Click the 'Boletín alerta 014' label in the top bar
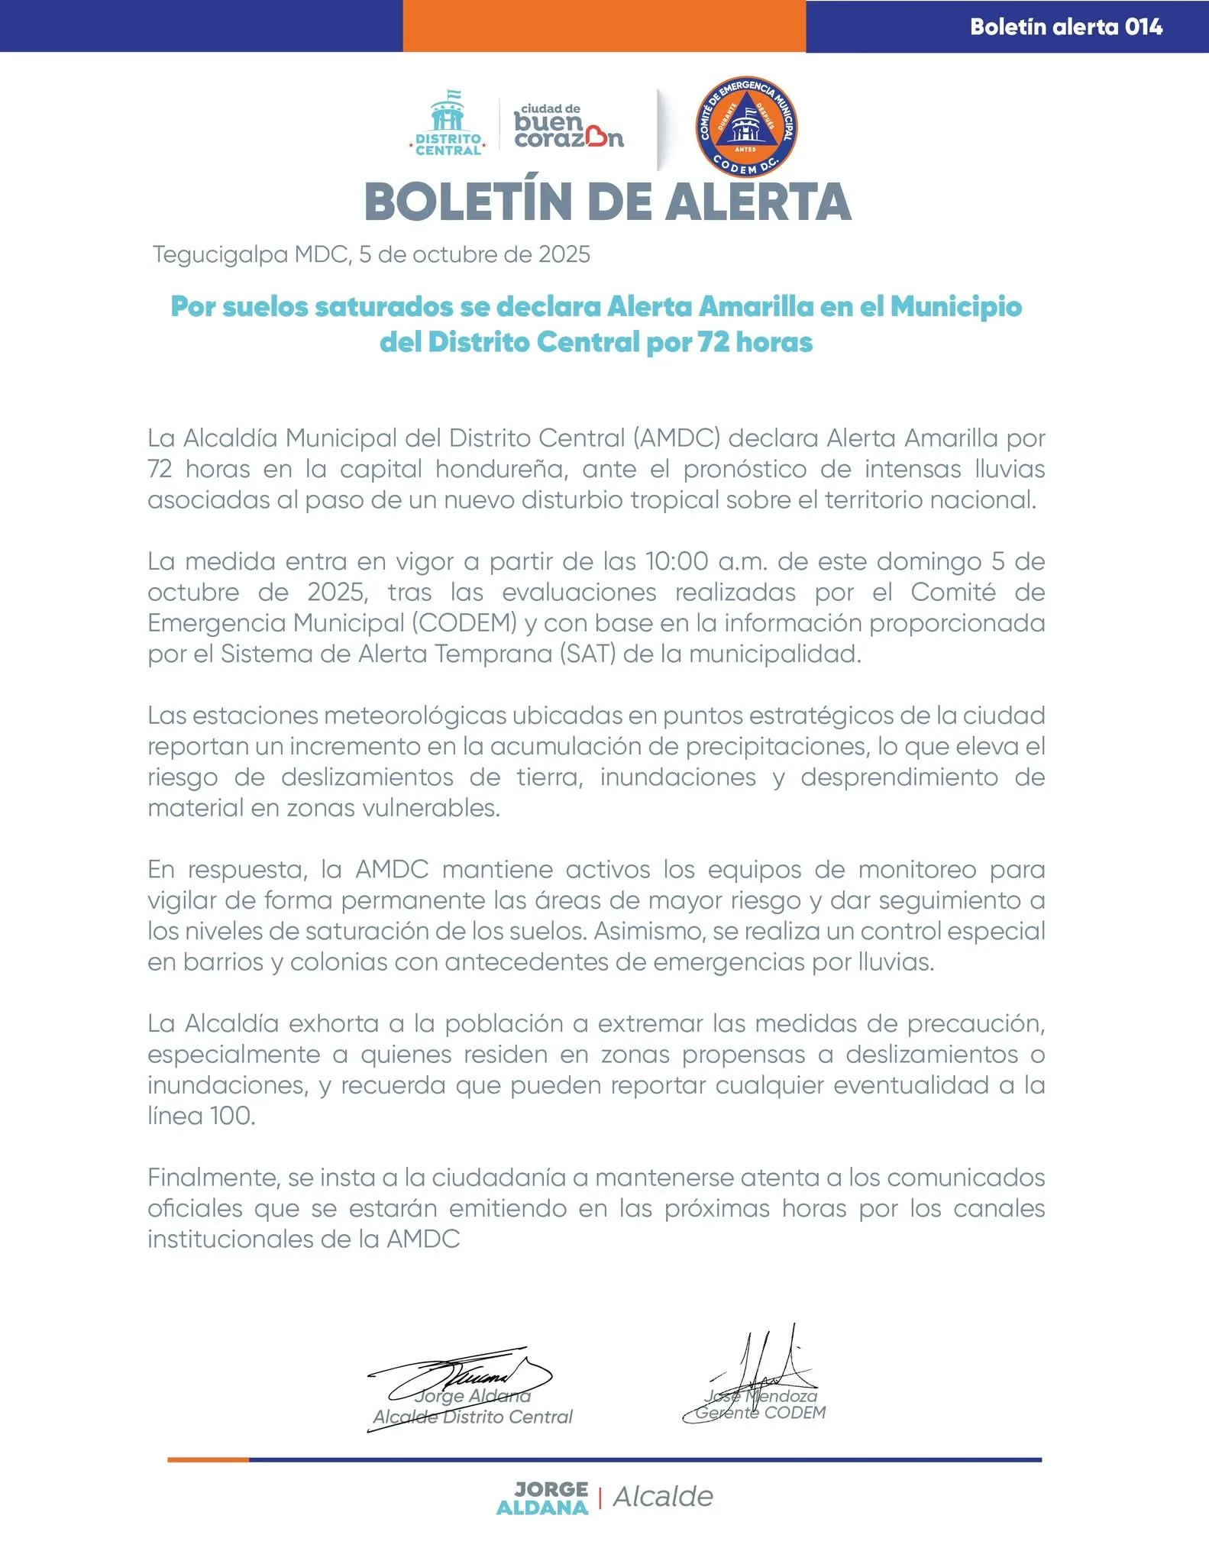point(1065,27)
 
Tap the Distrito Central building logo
point(448,122)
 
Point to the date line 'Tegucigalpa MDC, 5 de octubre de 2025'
point(371,254)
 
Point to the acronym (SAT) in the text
point(587,654)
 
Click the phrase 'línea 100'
point(201,1116)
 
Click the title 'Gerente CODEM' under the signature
point(760,1413)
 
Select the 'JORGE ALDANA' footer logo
point(542,1498)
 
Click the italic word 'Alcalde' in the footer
point(663,1497)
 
